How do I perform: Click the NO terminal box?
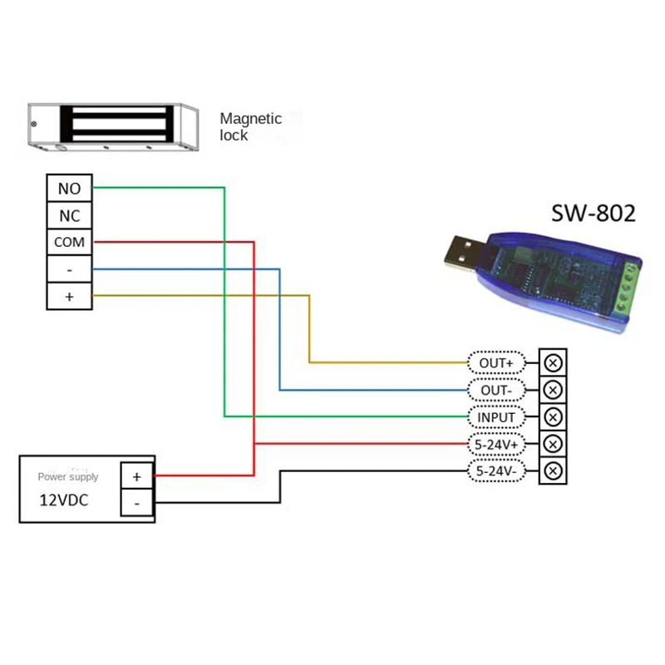[69, 189]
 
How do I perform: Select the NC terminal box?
[69, 216]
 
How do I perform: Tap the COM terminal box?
[69, 243]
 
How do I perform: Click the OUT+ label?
[497, 362]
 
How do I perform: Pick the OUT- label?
[497, 390]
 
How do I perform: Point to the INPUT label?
[497, 416]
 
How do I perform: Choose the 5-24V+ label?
[497, 444]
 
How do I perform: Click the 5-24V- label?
[497, 470]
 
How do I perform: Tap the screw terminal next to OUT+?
[554, 362]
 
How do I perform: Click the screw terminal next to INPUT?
[554, 416]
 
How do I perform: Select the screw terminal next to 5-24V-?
[554, 471]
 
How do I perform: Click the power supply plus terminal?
[137, 475]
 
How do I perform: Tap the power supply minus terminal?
[137, 503]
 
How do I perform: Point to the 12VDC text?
[64, 501]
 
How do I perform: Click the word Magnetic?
[250, 120]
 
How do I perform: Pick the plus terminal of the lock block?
[69, 297]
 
